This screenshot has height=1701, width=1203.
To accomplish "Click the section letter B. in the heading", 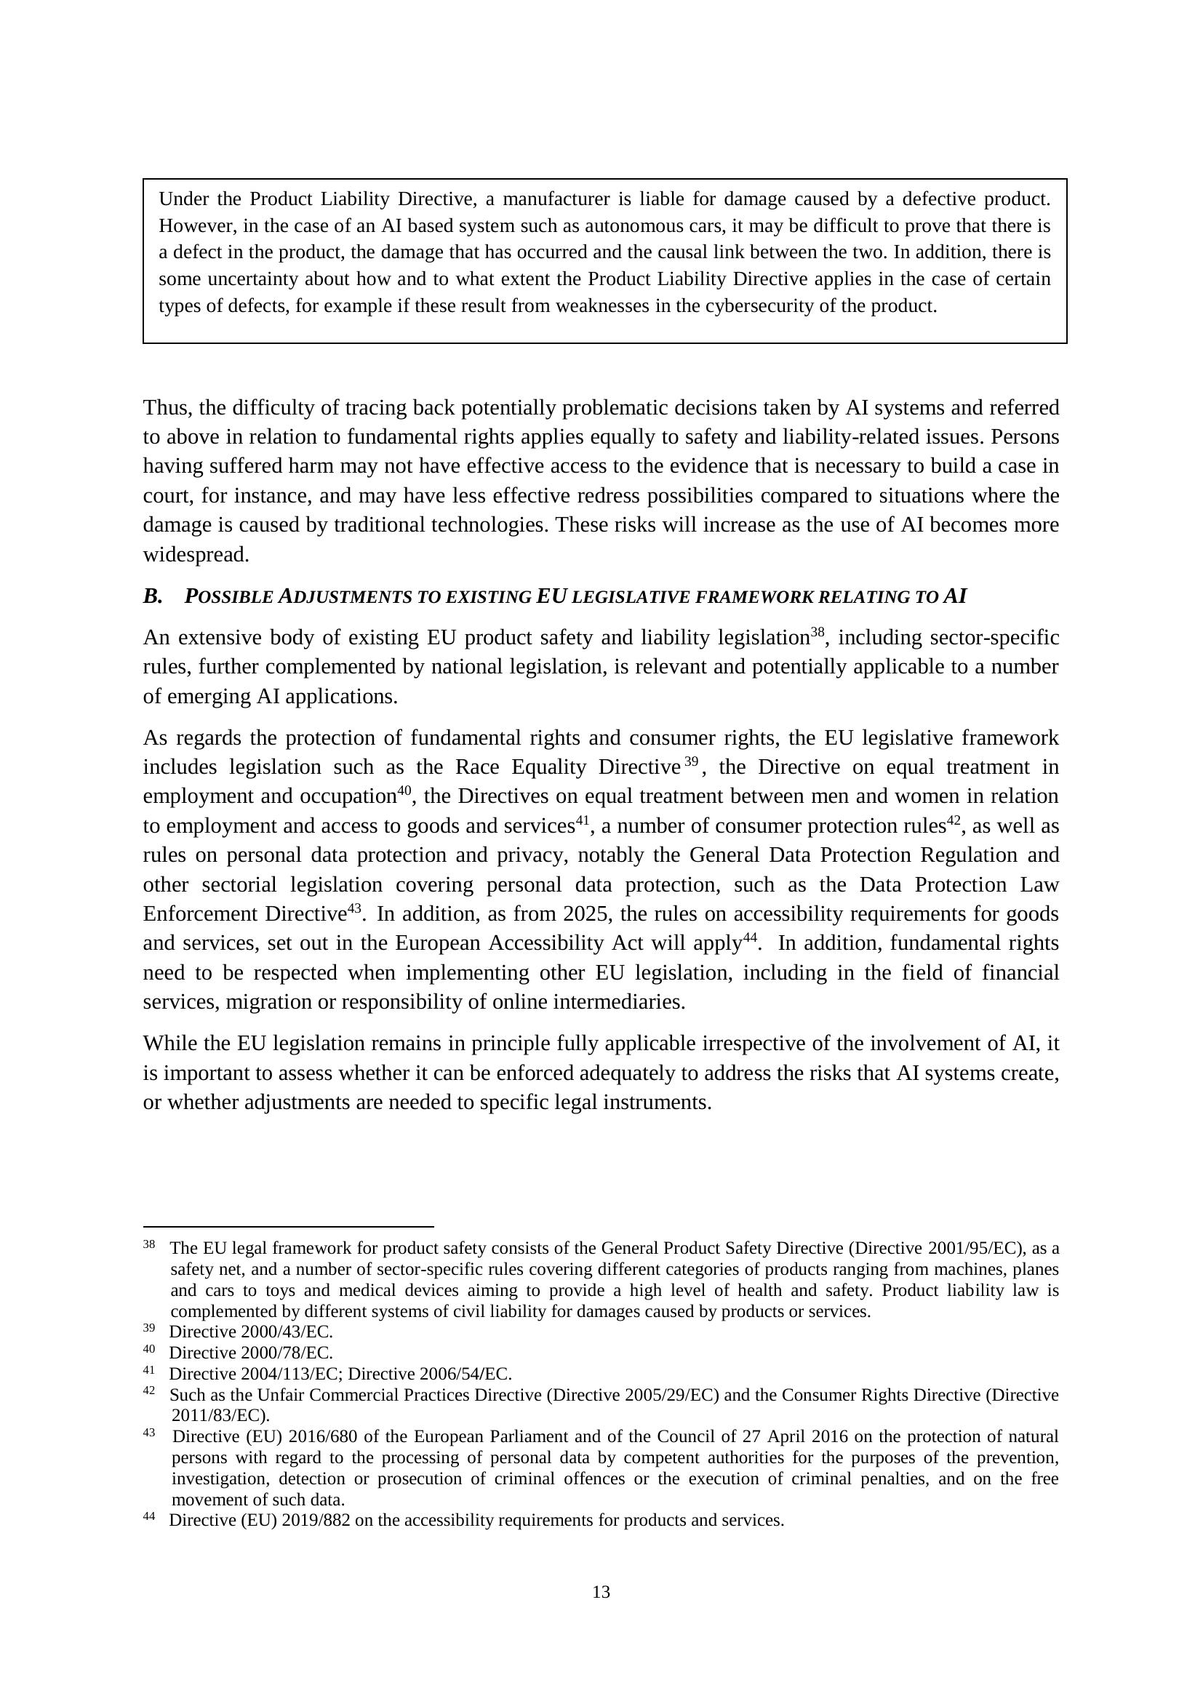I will tap(153, 596).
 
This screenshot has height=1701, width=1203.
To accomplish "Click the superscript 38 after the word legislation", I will tap(817, 632).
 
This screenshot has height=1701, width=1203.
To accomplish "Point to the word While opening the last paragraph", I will tap(172, 1043).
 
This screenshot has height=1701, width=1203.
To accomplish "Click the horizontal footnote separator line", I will tap(288, 1226).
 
